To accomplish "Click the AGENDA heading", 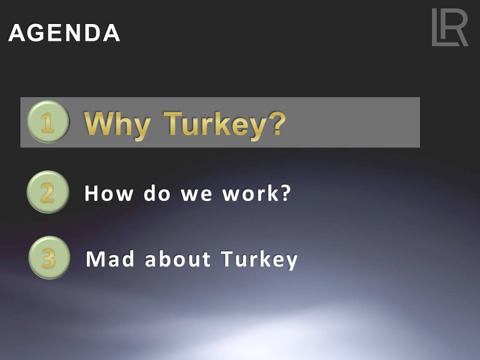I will [64, 33].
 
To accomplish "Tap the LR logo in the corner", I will [449, 28].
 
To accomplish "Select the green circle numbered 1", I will [48, 122].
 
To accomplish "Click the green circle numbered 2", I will [47, 192].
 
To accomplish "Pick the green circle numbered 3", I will [49, 258].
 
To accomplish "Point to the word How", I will [107, 193].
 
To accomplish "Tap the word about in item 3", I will [178, 259].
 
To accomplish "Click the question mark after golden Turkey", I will [275, 123].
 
